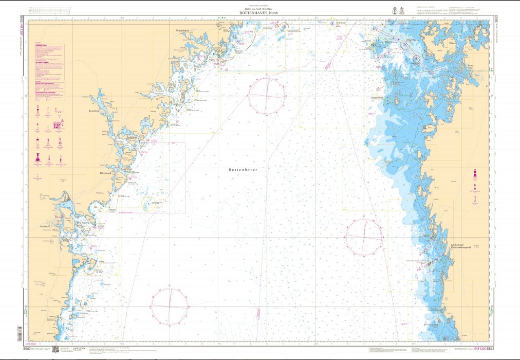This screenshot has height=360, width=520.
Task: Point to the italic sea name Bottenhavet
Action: click(243, 169)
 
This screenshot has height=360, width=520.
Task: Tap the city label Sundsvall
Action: click(47, 225)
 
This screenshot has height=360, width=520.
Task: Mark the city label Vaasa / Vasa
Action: click(470, 67)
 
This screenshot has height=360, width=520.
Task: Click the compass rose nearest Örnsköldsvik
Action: click(267, 96)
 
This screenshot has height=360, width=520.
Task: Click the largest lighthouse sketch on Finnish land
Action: click(474, 175)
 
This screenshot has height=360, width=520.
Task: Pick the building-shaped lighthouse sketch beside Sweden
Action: click(58, 124)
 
